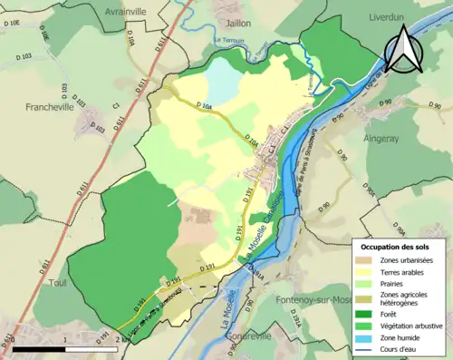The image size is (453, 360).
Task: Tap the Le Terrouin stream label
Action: click(x=230, y=40)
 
